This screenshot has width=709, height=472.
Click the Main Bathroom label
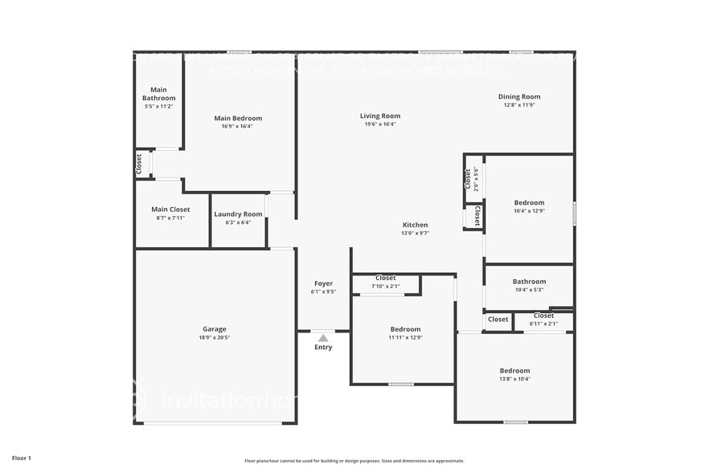159,94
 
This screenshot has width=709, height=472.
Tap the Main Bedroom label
238,118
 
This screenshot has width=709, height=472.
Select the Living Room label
379,116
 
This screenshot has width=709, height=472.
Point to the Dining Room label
519,96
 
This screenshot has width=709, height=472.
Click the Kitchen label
415,225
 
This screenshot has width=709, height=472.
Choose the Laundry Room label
238,214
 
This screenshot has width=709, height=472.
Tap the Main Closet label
170,210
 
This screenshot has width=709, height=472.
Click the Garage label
214,328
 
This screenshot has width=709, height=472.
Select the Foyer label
323,283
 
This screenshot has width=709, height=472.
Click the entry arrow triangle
323,338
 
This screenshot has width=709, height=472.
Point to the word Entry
323,347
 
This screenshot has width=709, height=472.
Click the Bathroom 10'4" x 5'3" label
529,282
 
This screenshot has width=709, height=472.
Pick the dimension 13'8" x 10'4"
515,379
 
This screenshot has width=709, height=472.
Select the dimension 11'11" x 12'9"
405,338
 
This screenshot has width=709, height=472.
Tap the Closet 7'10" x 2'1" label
385,279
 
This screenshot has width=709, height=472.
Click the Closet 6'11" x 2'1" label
543,316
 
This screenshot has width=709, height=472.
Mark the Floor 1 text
21,458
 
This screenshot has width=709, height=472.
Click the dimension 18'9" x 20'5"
214,337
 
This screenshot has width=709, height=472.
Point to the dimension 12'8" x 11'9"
519,105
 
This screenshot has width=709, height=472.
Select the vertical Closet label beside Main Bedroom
139,165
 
